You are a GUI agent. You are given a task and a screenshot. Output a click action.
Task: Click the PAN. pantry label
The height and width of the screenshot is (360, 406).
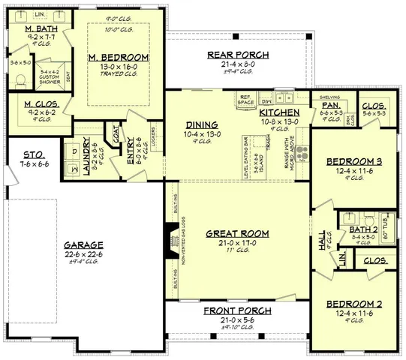tap(331, 106)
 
